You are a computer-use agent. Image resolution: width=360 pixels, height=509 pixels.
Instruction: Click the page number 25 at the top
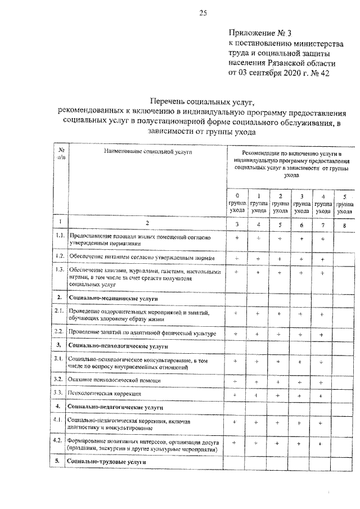point(203,13)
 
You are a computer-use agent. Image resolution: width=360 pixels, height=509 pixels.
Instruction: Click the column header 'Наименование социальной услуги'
point(147,152)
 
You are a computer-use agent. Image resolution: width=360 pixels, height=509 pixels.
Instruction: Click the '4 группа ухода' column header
point(322,203)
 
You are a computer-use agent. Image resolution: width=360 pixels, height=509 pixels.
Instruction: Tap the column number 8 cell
point(344,224)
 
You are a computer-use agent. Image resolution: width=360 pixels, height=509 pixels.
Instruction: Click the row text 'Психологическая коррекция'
point(100,394)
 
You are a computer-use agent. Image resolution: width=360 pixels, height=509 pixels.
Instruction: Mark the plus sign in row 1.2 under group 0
point(237,258)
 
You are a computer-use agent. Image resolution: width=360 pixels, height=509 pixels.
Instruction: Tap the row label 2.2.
point(61,334)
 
